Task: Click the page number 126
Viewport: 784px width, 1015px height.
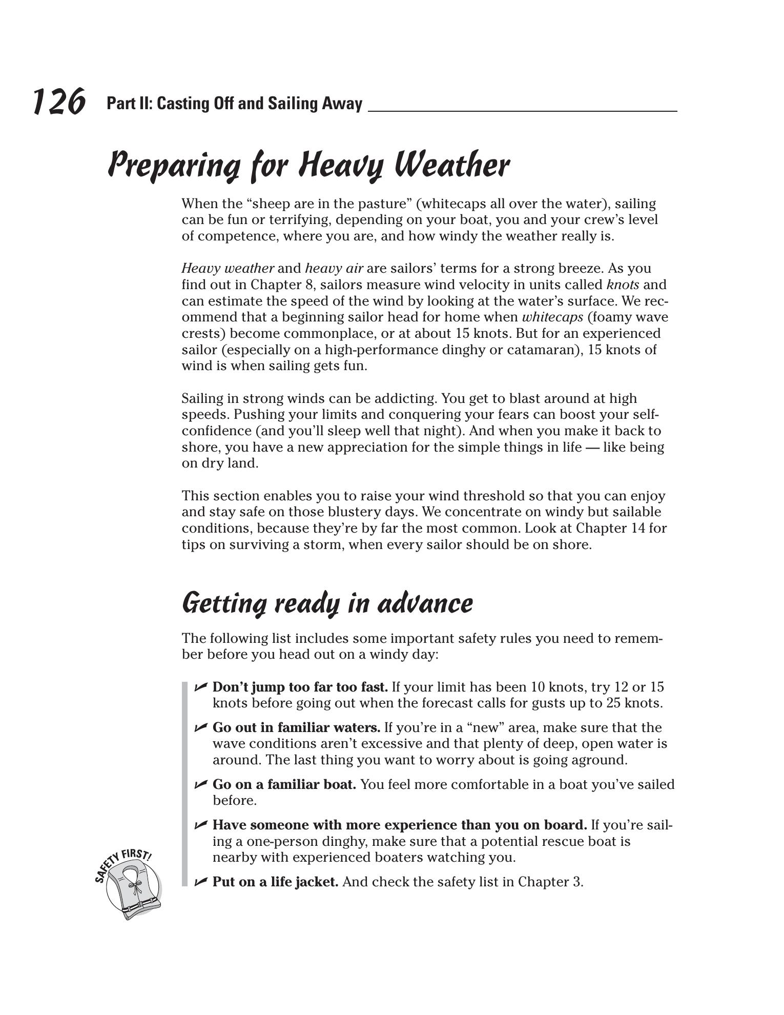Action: (58, 101)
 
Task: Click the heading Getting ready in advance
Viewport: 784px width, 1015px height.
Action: (327, 603)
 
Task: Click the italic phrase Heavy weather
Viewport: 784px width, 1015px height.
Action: (228, 268)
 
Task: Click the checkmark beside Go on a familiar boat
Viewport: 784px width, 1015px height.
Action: (201, 784)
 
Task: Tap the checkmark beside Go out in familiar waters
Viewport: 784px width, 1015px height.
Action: (201, 727)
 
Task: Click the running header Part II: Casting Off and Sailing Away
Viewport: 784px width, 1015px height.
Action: (234, 104)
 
